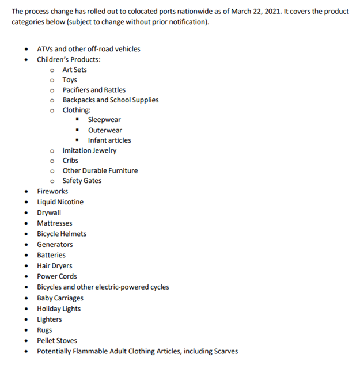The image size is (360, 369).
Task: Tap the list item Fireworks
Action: pyautogui.click(x=52, y=191)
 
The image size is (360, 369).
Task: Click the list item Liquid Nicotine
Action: pyautogui.click(x=60, y=202)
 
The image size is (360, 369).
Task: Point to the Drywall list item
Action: pyautogui.click(x=49, y=212)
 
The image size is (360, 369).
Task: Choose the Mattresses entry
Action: pyautogui.click(x=55, y=223)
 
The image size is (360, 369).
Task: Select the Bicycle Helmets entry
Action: pyautogui.click(x=62, y=234)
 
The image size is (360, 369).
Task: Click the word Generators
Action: pyautogui.click(x=55, y=245)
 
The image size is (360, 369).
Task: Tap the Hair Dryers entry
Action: pyautogui.click(x=55, y=266)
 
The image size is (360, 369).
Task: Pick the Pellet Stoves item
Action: pyautogui.click(x=57, y=340)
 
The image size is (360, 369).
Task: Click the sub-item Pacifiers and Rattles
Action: pyautogui.click(x=94, y=90)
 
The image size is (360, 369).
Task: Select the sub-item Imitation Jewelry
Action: pyautogui.click(x=89, y=150)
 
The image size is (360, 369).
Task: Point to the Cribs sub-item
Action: pyautogui.click(x=70, y=161)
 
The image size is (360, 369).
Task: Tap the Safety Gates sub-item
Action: pyautogui.click(x=82, y=181)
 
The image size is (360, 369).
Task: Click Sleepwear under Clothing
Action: pyautogui.click(x=104, y=120)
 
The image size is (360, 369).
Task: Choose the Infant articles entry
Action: pyautogui.click(x=109, y=140)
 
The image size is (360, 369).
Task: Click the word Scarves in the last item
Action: pyautogui.click(x=224, y=351)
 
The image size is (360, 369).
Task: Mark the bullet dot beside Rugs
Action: pyautogui.click(x=26, y=330)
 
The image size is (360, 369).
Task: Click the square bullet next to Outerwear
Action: pyautogui.click(x=77, y=130)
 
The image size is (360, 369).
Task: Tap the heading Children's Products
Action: pyautogui.click(x=69, y=59)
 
